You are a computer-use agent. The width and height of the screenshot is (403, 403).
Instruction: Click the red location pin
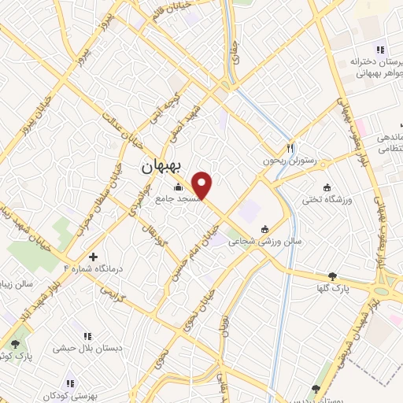(203, 185)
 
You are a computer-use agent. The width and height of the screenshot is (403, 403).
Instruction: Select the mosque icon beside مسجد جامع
(178, 187)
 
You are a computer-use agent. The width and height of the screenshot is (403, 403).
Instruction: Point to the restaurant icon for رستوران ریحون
(290, 147)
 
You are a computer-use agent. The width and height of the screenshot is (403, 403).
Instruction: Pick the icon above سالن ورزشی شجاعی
(264, 229)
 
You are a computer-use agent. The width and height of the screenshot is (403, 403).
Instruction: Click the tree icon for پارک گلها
(333, 276)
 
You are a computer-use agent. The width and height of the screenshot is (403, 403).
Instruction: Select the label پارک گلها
(335, 289)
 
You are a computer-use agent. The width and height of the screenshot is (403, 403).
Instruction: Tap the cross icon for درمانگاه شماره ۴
(94, 257)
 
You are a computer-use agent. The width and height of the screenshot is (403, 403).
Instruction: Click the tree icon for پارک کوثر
(15, 343)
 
